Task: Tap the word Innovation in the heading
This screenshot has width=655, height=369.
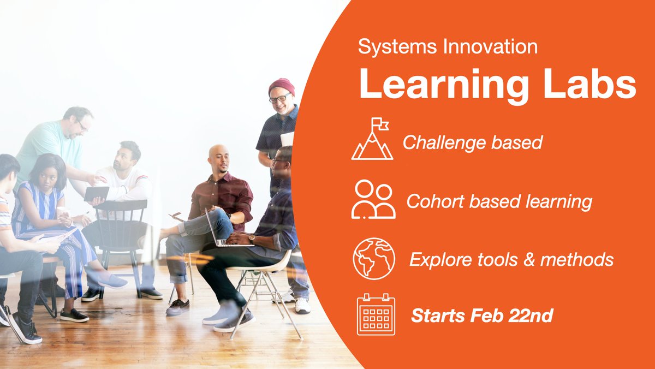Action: (490, 47)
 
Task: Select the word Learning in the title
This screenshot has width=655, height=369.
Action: (444, 85)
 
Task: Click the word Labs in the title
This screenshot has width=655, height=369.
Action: (590, 84)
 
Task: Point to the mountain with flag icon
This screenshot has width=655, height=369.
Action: (372, 139)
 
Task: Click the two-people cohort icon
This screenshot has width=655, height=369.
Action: (373, 199)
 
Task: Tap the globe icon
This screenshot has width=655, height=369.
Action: (374, 259)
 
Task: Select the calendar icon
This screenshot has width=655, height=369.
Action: (376, 314)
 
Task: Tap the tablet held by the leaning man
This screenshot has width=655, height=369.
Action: (96, 194)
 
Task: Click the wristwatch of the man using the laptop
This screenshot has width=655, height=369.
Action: (252, 239)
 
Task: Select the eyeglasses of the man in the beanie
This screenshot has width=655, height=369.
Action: (280, 98)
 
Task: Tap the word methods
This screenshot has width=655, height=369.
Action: (576, 260)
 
